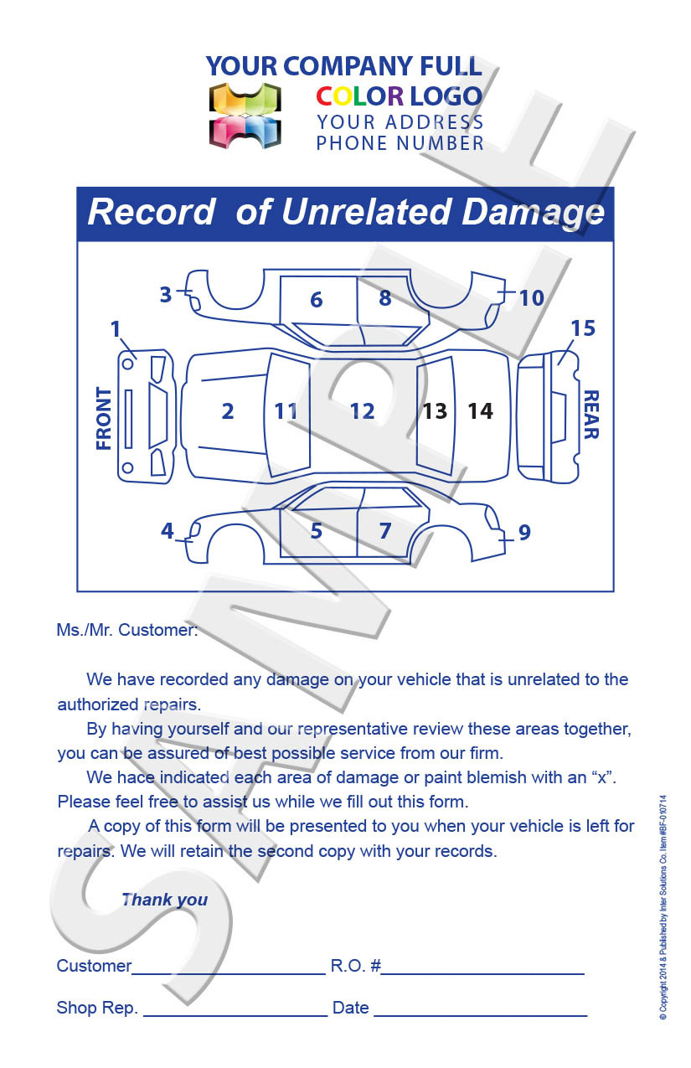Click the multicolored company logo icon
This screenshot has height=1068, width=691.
pyautogui.click(x=245, y=116)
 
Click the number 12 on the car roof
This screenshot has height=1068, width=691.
pyautogui.click(x=362, y=411)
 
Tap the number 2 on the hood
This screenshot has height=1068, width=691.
pyautogui.click(x=228, y=411)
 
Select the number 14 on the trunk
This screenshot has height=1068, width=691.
pyautogui.click(x=480, y=411)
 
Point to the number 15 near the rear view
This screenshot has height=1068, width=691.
pyautogui.click(x=583, y=328)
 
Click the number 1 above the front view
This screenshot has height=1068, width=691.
pyautogui.click(x=116, y=329)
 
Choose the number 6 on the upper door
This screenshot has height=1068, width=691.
pyautogui.click(x=316, y=299)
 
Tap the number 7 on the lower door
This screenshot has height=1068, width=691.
pyautogui.click(x=385, y=531)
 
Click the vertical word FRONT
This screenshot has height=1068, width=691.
pyautogui.click(x=104, y=418)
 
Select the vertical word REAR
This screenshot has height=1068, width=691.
pyautogui.click(x=590, y=415)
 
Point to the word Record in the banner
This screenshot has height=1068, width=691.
pyautogui.click(x=152, y=212)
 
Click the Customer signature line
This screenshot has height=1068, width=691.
pyautogui.click(x=229, y=973)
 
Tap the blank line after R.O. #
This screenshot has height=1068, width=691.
pyautogui.click(x=483, y=973)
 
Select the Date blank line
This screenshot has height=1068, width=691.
pyautogui.click(x=480, y=1014)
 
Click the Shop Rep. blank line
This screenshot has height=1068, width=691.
pyautogui.click(x=235, y=1014)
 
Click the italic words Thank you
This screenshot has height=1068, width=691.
pyautogui.click(x=164, y=900)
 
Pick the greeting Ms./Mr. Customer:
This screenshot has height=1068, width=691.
pyautogui.click(x=127, y=630)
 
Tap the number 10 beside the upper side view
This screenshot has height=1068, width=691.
pyautogui.click(x=531, y=297)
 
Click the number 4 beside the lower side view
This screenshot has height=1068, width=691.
pyautogui.click(x=168, y=531)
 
